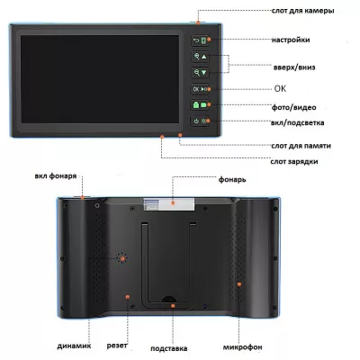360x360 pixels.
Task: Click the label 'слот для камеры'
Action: pos(302,11)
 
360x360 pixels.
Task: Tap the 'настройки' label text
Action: pos(291,40)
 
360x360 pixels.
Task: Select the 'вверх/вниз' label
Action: pos(294,67)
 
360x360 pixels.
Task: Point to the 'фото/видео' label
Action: pos(293,107)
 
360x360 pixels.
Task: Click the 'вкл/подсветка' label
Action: pos(297,122)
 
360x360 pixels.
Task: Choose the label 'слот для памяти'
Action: pos(301,146)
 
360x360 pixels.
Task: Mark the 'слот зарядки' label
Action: pos(294,161)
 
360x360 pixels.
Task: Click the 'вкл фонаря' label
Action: pos(56,176)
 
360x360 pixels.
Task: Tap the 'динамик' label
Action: pos(74,346)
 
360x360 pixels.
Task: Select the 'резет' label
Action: pos(117,346)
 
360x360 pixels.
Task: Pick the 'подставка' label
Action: pos(169,348)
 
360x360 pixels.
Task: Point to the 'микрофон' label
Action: pos(242,347)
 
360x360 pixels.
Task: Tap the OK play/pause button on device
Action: pos(200,89)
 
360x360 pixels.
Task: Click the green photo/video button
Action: pos(200,105)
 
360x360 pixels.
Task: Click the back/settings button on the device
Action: pos(200,40)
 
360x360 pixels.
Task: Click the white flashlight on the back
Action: pos(169,204)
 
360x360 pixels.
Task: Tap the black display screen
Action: pos(100,79)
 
